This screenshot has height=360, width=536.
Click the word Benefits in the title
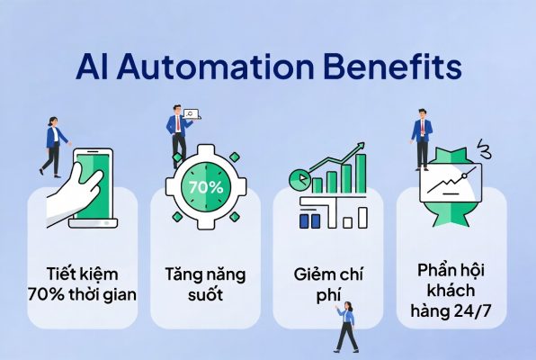(393, 66)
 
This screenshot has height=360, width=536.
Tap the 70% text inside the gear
(206, 187)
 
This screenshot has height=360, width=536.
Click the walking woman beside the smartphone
(54, 147)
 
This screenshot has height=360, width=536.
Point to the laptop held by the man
(192, 114)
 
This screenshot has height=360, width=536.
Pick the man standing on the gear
(178, 136)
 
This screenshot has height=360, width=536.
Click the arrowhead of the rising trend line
(361, 147)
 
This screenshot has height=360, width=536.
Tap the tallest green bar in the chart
(361, 173)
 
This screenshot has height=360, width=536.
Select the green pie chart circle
(300, 178)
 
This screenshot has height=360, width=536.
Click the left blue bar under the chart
(304, 221)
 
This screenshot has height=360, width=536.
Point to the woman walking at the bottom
(346, 327)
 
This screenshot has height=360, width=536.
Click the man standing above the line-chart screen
(423, 139)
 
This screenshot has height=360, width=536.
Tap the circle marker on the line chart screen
(464, 175)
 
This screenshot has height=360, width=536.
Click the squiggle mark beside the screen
(486, 149)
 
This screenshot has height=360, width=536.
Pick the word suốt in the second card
(205, 294)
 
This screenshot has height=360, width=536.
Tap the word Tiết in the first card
(62, 274)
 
